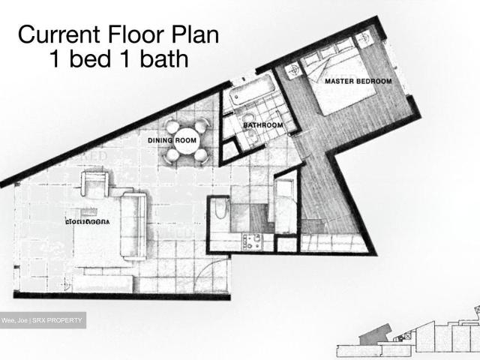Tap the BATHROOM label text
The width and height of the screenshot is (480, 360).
tap(262, 125)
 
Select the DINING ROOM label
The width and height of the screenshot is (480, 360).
tap(172, 139)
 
